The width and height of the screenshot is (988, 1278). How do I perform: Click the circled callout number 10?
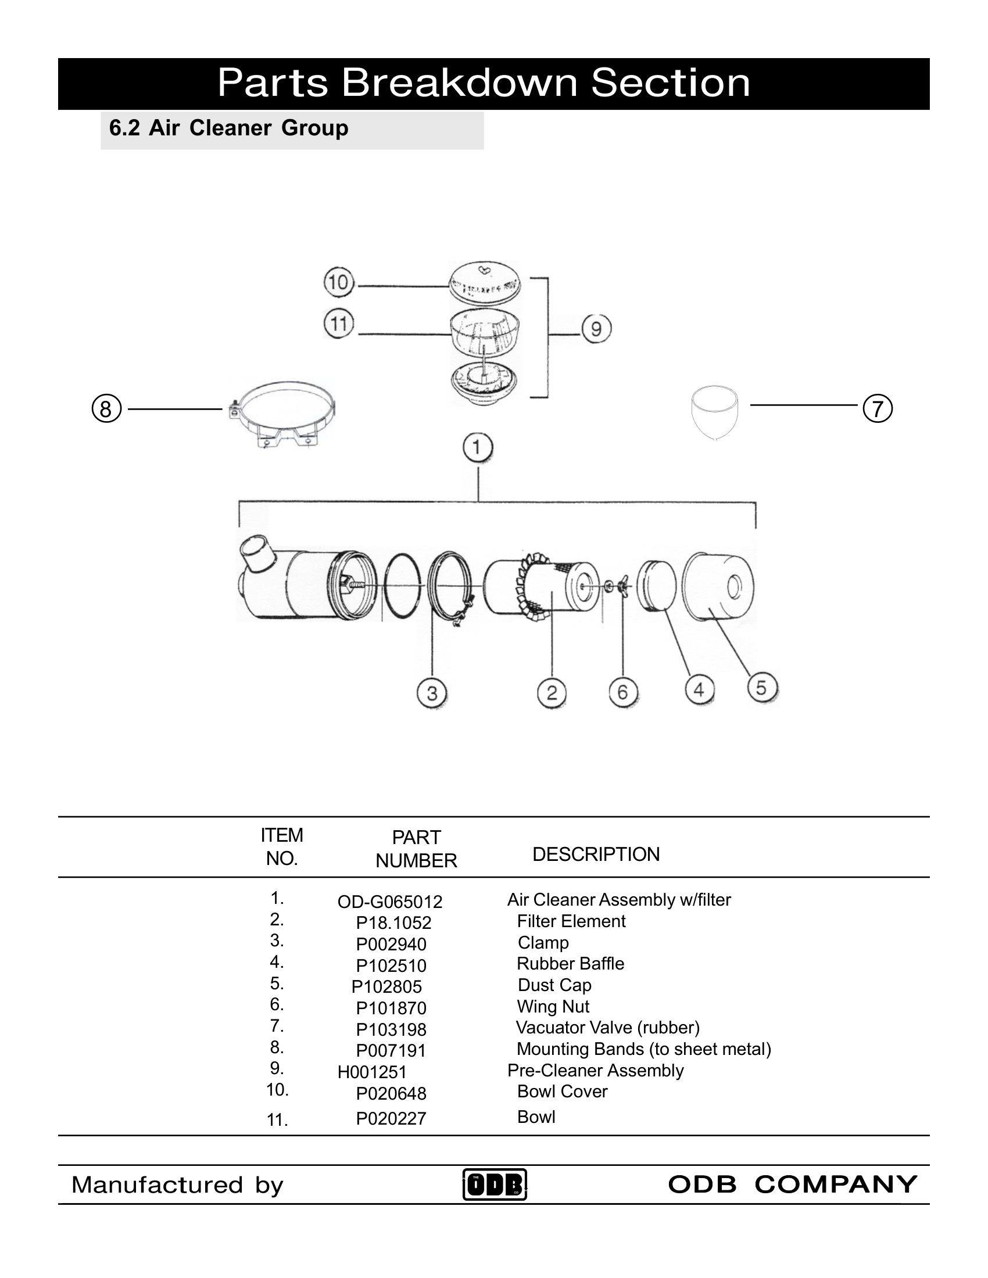pos(339,283)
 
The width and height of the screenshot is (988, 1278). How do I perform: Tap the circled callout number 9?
pos(596,329)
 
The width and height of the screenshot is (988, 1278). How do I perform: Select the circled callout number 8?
pos(106,408)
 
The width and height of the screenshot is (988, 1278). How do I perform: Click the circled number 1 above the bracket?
pos(478,448)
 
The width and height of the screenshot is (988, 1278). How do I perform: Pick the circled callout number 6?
pos(623,693)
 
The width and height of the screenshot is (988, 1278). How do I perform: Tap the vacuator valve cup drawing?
pos(714,411)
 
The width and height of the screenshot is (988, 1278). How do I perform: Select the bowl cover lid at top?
pos(484,281)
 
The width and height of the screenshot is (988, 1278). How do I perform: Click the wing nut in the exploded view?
pos(622,586)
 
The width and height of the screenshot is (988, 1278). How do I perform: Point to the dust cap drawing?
pos(719,586)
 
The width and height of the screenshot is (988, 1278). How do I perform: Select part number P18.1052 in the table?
pos(393,923)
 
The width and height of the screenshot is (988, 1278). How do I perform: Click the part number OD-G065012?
pos(390,902)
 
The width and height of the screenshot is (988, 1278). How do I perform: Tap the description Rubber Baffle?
pos(570,964)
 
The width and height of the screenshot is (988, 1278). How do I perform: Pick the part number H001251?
pos(372,1072)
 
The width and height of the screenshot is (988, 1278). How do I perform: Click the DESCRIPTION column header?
pos(595,855)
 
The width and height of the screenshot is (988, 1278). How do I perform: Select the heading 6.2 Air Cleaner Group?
pos(229,128)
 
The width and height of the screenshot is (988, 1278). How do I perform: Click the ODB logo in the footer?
pos(495,1184)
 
